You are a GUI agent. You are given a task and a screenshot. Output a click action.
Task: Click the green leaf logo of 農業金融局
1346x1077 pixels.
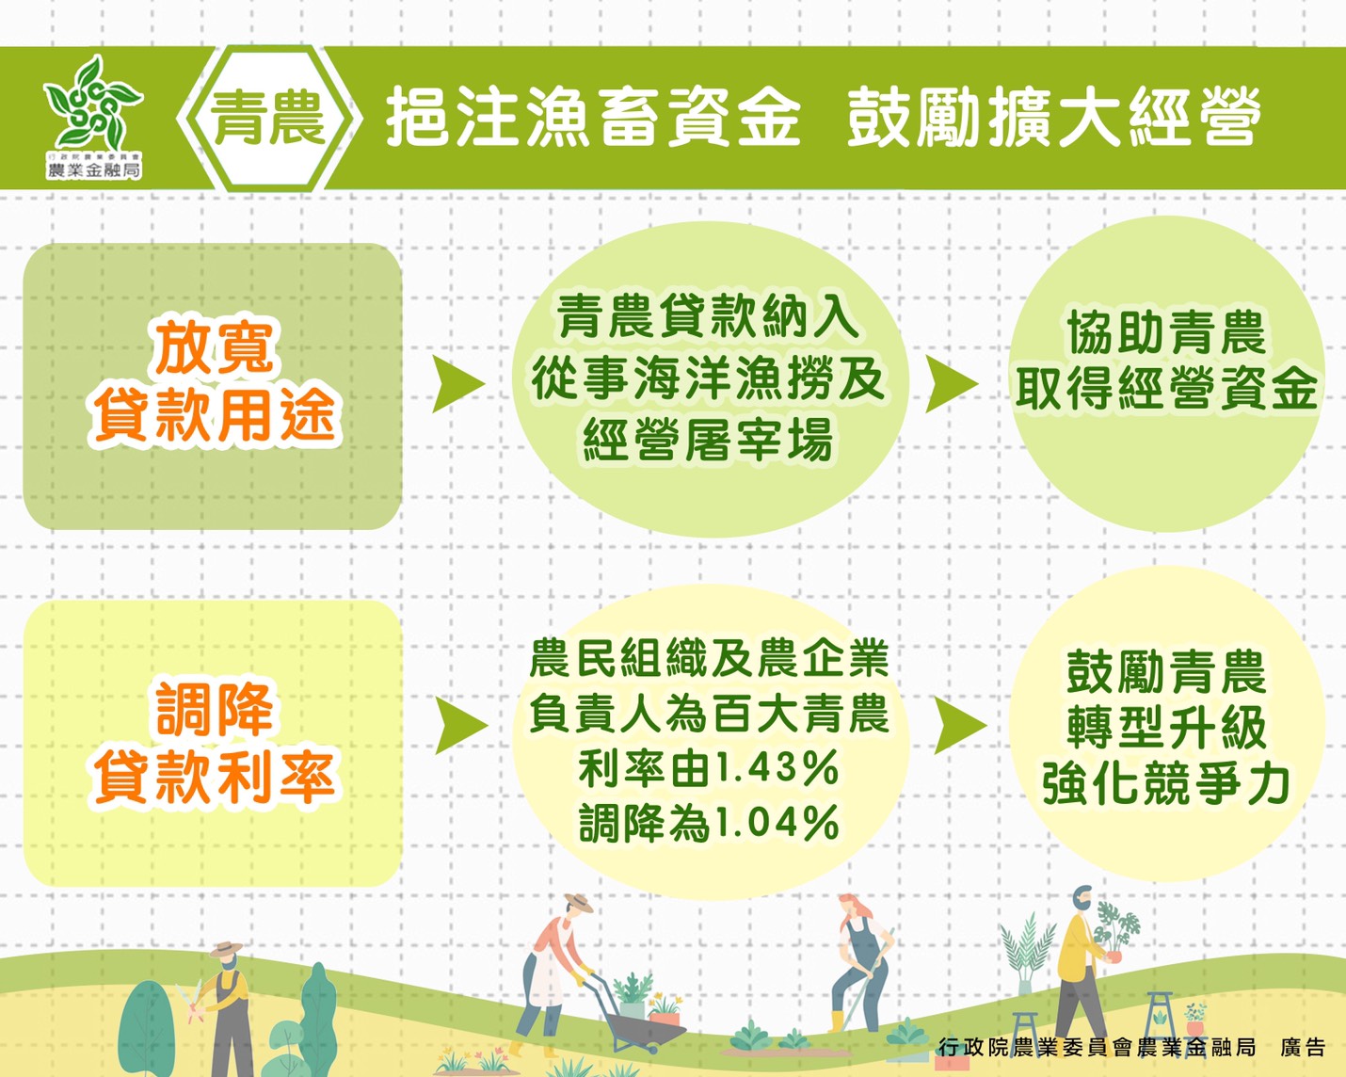tap(93, 104)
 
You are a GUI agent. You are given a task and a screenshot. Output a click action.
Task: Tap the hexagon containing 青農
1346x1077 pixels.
tap(268, 120)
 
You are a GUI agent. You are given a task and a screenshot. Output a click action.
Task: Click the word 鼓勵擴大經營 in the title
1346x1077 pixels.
tap(1053, 119)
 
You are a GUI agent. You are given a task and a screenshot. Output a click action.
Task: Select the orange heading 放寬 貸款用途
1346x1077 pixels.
tap(215, 381)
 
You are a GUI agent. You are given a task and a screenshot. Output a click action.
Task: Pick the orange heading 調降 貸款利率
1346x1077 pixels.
tap(215, 744)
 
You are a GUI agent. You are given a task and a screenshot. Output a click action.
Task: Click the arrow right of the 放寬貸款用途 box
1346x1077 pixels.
tap(458, 383)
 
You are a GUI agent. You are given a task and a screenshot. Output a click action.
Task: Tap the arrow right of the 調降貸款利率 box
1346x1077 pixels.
tap(461, 726)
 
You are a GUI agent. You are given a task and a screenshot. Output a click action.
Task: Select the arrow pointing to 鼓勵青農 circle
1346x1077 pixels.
tap(959, 726)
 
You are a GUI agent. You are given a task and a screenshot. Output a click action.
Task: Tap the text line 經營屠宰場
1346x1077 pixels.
tap(708, 440)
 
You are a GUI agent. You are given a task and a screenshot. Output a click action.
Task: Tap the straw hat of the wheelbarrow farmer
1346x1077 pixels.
tap(577, 904)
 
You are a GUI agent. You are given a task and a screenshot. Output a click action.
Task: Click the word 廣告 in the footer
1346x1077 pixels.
tap(1303, 1047)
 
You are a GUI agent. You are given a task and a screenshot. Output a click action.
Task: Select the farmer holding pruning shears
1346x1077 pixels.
tap(226, 998)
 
